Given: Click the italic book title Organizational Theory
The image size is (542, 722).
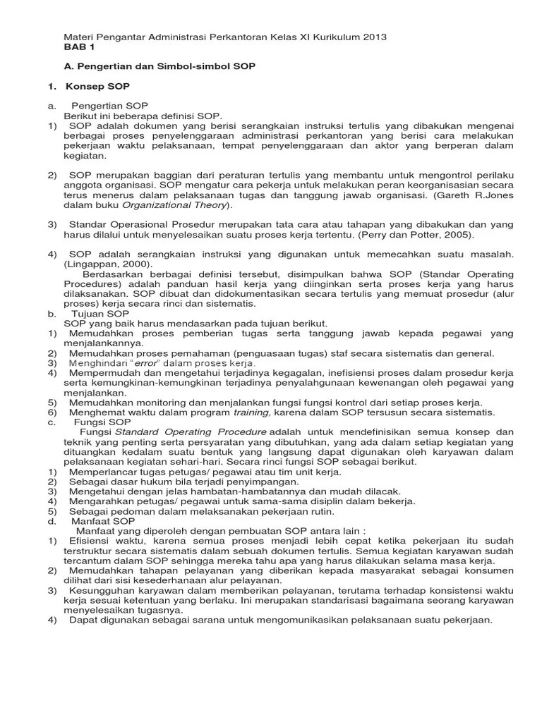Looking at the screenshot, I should point(174,205).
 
